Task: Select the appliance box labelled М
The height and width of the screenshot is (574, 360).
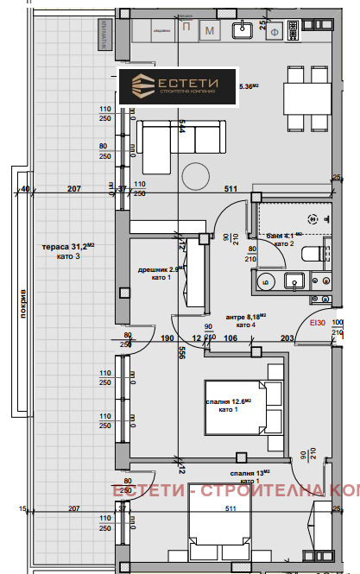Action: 210,31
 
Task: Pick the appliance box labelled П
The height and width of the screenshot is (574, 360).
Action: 187,29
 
